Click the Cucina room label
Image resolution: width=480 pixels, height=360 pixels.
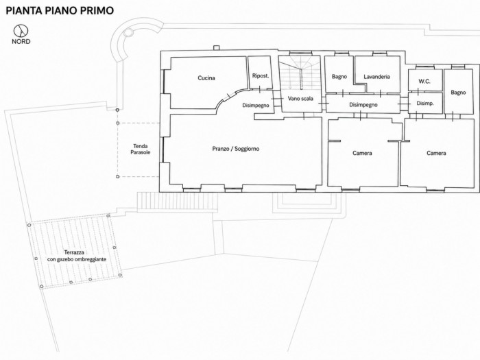pyautogui.click(x=206, y=78)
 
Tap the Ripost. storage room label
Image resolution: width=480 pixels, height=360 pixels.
pyautogui.click(x=261, y=75)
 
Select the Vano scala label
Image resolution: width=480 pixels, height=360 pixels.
pyautogui.click(x=300, y=99)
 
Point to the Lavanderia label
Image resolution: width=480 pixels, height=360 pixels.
pyautogui.click(x=376, y=77)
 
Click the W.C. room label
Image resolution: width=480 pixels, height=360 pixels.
pyautogui.click(x=424, y=82)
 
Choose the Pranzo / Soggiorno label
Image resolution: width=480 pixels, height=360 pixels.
pyautogui.click(x=236, y=149)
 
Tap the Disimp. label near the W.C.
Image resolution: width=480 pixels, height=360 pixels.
pyautogui.click(x=425, y=104)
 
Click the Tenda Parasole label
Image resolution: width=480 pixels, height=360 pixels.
pyautogui.click(x=141, y=149)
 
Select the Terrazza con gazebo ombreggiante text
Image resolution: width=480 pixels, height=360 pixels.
pyautogui.click(x=77, y=256)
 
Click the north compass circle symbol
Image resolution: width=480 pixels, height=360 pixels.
pyautogui.click(x=21, y=31)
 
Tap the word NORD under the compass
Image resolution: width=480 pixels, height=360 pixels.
pyautogui.click(x=21, y=42)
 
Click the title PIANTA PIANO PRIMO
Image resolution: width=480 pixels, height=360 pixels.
pyautogui.click(x=60, y=10)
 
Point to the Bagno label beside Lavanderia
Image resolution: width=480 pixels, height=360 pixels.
pyautogui.click(x=339, y=77)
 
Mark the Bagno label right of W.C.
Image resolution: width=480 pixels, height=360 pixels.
pyautogui.click(x=458, y=93)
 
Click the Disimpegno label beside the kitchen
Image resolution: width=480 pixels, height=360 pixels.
pyautogui.click(x=256, y=106)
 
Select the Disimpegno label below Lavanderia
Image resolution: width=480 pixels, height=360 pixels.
pyautogui.click(x=363, y=105)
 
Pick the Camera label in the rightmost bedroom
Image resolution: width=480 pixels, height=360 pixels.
pyautogui.click(x=436, y=153)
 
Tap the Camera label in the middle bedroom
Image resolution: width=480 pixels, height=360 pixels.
pyautogui.click(x=362, y=153)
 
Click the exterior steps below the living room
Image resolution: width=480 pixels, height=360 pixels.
pyautogui.click(x=177, y=202)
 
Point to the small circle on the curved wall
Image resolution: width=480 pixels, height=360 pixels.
pyautogui.click(x=129, y=32)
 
